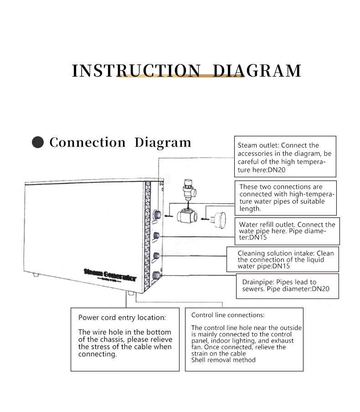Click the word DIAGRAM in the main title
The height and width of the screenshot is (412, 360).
[257, 71]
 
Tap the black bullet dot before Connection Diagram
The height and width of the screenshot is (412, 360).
[38, 143]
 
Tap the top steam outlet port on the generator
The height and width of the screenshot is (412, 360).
[156, 214]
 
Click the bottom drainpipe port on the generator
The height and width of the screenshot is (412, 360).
[157, 275]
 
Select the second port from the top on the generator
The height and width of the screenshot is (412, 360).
[156, 236]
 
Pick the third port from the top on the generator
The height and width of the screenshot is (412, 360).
[156, 256]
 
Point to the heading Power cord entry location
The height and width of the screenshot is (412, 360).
[122, 318]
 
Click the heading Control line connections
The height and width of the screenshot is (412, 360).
[228, 315]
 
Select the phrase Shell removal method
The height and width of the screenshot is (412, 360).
[223, 360]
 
